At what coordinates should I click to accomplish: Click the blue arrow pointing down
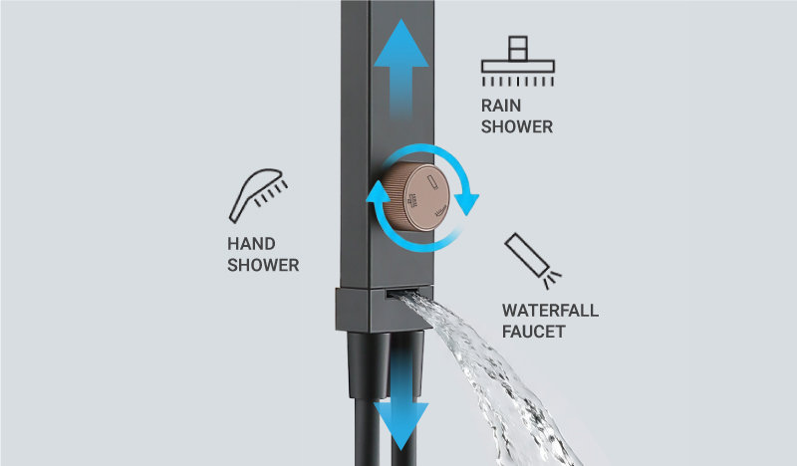click(x=401, y=401)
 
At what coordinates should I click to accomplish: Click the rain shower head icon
click(x=517, y=61)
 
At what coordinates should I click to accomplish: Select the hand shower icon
click(x=258, y=195)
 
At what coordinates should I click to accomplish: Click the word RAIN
click(x=501, y=106)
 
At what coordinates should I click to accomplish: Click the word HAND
click(x=251, y=244)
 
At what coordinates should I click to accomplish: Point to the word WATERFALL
click(x=551, y=311)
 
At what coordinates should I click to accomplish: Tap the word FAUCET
click(x=534, y=332)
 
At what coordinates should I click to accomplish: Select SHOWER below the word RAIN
click(x=517, y=127)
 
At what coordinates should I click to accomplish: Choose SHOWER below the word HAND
click(x=263, y=265)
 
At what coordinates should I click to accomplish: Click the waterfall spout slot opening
click(x=402, y=293)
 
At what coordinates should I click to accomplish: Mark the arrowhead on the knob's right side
click(x=466, y=204)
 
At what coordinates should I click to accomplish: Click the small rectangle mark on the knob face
click(x=433, y=182)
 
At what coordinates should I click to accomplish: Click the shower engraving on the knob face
click(x=412, y=201)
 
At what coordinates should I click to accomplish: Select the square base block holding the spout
click(x=385, y=310)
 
